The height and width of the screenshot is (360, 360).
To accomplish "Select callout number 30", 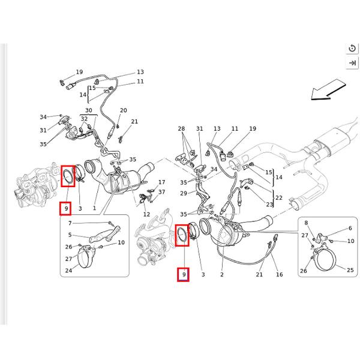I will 88,110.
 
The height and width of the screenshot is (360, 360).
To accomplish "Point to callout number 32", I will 84,119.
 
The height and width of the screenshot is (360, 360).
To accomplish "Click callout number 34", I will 43,117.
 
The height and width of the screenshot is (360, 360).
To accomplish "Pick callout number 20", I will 123,110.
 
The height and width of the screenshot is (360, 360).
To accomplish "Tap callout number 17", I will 161,182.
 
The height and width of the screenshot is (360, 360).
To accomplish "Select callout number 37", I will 161,192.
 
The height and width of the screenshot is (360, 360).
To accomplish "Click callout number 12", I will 146,214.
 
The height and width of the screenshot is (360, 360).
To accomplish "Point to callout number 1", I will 94,208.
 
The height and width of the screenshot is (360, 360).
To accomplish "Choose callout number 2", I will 221,274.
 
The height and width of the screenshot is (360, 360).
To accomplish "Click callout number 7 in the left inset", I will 70,223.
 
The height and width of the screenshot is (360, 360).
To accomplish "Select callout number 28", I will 181,129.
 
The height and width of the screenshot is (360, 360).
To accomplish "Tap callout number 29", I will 184,193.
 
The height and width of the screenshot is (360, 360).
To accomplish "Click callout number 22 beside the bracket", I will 278,198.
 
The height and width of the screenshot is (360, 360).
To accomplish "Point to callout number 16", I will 279,274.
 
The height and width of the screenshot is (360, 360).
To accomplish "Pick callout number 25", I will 350,270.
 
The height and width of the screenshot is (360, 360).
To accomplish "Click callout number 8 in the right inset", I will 305,223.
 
